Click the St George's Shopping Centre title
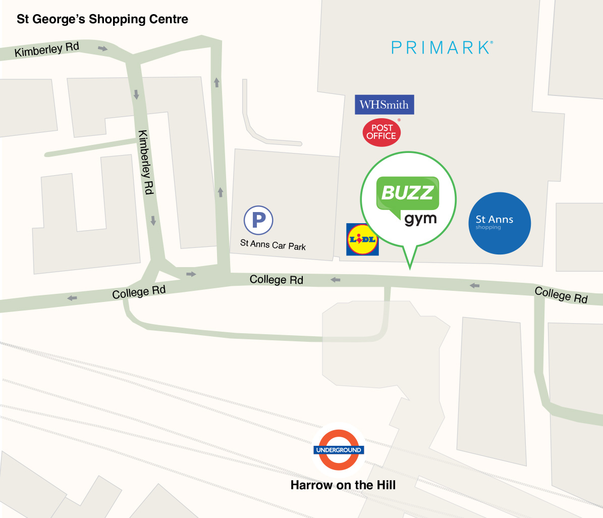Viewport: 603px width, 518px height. coord(102,19)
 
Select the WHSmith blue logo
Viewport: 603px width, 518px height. coord(384,105)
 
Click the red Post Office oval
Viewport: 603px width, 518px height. coord(381,132)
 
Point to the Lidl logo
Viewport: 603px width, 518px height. coord(362,239)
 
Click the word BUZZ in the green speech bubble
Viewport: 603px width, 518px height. coord(408,192)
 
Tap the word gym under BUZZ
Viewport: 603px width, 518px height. coord(420,220)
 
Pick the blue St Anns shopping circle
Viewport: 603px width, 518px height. coord(500,223)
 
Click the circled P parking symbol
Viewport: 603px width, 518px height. coord(258,220)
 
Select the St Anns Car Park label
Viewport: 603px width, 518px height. coord(273,245)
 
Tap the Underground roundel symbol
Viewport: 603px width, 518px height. coord(339,449)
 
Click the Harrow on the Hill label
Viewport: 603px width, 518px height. coord(343,485)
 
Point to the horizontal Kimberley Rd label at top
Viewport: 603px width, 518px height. coord(47,49)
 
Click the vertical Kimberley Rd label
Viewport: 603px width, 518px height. coord(145,162)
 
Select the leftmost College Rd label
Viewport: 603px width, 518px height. coord(139,292)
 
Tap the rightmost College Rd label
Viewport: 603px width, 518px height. coord(561,294)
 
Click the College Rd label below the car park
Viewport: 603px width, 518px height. coord(277,279)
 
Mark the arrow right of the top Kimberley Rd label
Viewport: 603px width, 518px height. coord(103,48)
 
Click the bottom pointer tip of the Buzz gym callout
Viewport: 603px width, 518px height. coord(410,268)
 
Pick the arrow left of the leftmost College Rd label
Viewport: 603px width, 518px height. coord(73,298)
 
